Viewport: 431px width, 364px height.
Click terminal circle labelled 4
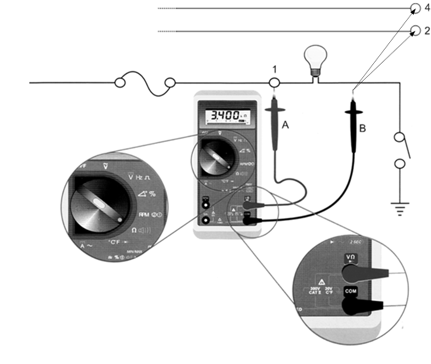(x=415, y=8)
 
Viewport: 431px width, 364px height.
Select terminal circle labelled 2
(x=415, y=31)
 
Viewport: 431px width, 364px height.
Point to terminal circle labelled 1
(x=274, y=83)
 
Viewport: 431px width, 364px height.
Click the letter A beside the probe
(x=286, y=125)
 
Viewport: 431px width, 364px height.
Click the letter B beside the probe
(x=363, y=129)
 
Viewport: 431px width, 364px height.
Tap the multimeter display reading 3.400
(x=226, y=116)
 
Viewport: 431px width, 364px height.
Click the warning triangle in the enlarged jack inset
(x=322, y=282)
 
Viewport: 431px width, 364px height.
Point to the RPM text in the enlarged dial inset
(x=144, y=215)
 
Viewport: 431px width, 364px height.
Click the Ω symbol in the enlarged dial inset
(x=134, y=230)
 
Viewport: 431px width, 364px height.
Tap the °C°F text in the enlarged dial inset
(x=113, y=243)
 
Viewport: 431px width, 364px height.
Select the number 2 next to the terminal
(x=427, y=30)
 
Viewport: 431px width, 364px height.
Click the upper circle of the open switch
(x=400, y=137)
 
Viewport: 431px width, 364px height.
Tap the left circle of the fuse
(x=120, y=82)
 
